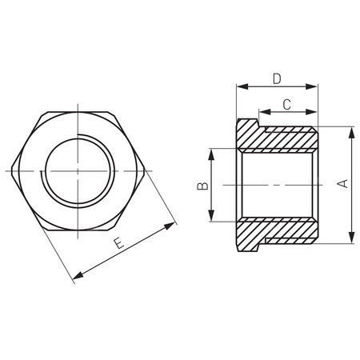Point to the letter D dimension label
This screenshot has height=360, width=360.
pyautogui.click(x=276, y=78)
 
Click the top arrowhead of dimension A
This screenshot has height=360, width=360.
pyautogui.click(x=351, y=130)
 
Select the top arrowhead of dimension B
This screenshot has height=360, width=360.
pyautogui.click(x=212, y=152)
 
